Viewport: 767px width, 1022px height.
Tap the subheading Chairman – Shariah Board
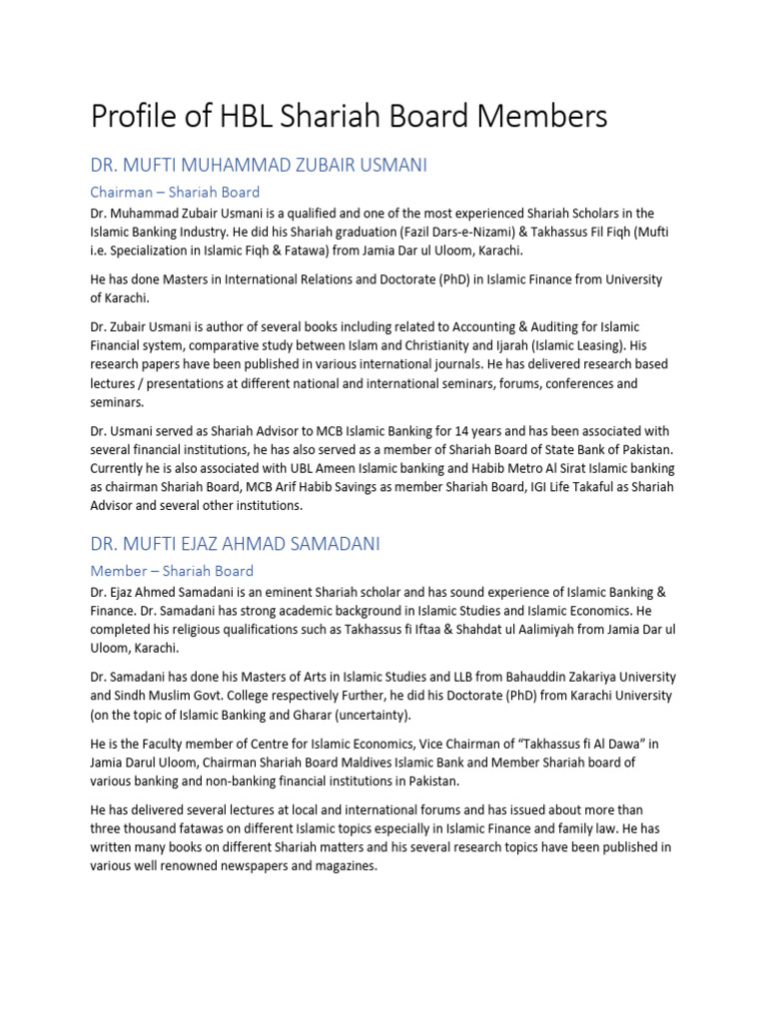click(175, 192)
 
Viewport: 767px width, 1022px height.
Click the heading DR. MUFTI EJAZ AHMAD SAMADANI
click(235, 544)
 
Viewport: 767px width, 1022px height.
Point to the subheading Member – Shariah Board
click(172, 571)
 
